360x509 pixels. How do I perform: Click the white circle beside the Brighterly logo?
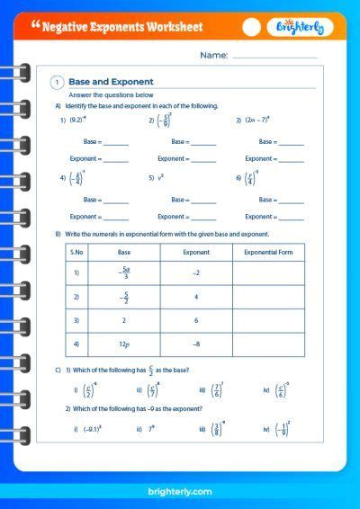(253, 27)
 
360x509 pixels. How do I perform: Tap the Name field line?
(274, 57)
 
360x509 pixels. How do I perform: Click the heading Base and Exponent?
(111, 82)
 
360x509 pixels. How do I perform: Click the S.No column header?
(77, 253)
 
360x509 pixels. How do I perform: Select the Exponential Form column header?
(268, 253)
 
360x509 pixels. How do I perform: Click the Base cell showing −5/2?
(124, 297)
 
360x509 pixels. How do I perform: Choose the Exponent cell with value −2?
(196, 272)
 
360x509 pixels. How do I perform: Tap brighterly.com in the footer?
(180, 491)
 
